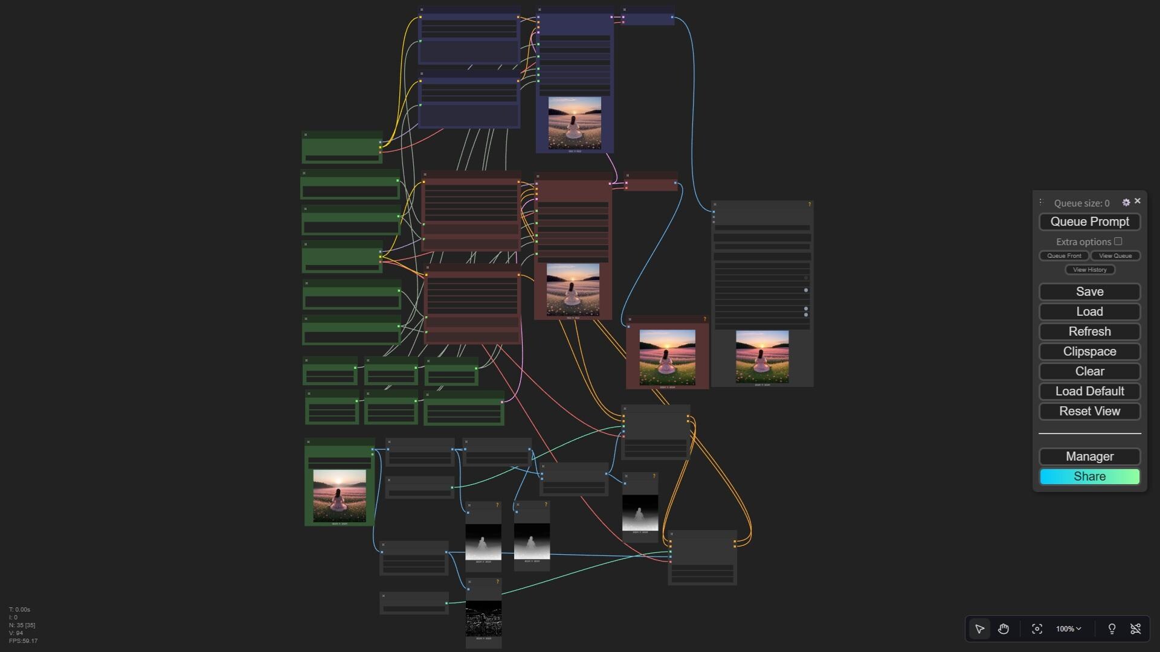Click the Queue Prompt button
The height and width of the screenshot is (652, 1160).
[x=1089, y=222]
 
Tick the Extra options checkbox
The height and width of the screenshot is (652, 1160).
[x=1118, y=241]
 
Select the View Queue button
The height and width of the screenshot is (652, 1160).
[x=1115, y=256]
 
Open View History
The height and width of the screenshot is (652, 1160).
[x=1089, y=270]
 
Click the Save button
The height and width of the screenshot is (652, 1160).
[x=1089, y=292]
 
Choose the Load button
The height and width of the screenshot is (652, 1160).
[x=1089, y=312]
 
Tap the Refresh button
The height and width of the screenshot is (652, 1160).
[x=1089, y=331]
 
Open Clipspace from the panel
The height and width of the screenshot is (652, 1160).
[x=1089, y=351]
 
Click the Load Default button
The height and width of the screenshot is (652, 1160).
[x=1089, y=391]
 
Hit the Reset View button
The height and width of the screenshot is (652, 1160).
[x=1089, y=411]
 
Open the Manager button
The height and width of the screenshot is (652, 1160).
[x=1089, y=456]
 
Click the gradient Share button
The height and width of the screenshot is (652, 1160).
[x=1089, y=476]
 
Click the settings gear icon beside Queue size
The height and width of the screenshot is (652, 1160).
[x=1126, y=203]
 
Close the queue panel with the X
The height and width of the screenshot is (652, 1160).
[x=1138, y=201]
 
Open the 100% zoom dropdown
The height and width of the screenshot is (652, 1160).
[x=1068, y=629]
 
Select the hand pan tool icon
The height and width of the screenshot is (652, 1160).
[x=1004, y=629]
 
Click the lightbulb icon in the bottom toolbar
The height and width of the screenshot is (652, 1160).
[x=1112, y=629]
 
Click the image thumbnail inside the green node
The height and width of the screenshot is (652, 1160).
[x=339, y=496]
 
